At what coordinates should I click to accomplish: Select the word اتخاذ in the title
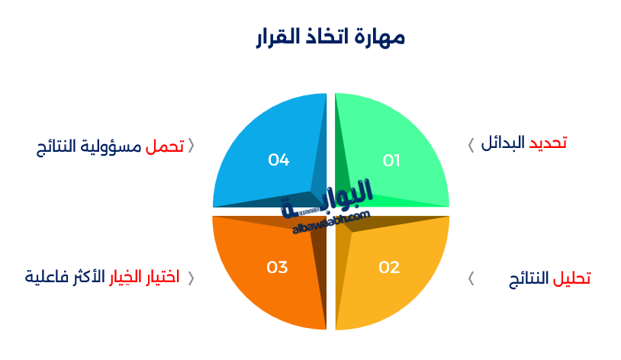[330, 37]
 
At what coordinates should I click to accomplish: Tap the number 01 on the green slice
[391, 160]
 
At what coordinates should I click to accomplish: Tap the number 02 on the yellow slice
[389, 267]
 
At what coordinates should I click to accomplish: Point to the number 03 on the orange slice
[277, 267]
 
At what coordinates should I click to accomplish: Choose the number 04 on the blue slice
[278, 160]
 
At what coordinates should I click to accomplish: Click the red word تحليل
[571, 278]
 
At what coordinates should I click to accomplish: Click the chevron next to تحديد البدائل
[471, 143]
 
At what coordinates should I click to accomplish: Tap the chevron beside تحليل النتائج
[471, 278]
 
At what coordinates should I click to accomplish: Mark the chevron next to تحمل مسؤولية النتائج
[191, 146]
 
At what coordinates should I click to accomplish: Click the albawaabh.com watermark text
[330, 222]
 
